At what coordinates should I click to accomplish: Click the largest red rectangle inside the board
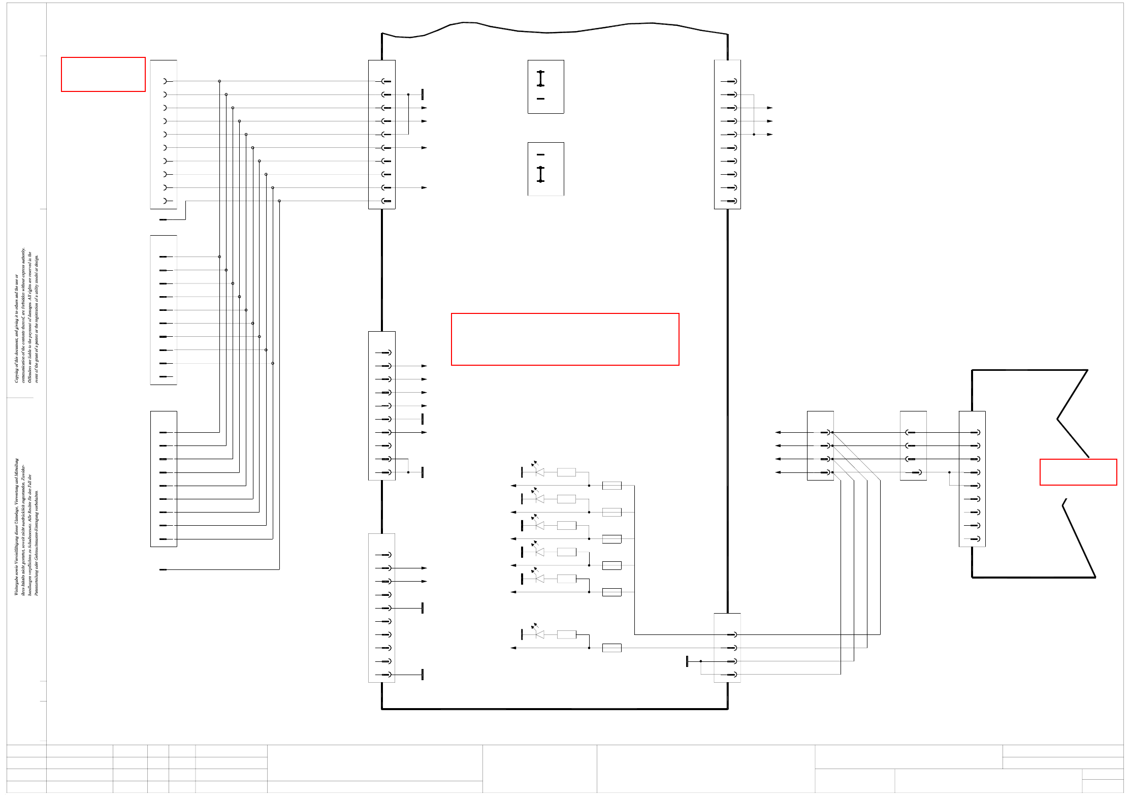(x=565, y=339)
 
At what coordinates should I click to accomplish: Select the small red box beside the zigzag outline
(x=1078, y=472)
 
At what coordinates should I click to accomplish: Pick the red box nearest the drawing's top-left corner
(x=103, y=74)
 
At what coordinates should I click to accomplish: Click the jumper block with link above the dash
(x=545, y=87)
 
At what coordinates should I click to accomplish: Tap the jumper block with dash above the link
(x=545, y=169)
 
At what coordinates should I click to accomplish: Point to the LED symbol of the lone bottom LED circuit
(x=539, y=634)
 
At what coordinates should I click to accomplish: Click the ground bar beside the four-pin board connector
(x=687, y=661)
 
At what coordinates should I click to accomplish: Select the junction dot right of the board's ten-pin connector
(x=754, y=134)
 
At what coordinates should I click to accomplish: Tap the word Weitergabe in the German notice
(x=16, y=584)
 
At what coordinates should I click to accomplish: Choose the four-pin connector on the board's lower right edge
(x=727, y=648)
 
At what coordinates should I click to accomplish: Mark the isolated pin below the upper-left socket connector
(x=163, y=219)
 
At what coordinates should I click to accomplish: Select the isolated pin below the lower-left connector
(x=163, y=569)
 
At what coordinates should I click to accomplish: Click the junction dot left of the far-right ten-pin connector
(x=949, y=472)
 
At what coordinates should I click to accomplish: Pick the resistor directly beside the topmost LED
(x=566, y=472)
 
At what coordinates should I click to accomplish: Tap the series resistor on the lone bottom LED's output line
(x=611, y=648)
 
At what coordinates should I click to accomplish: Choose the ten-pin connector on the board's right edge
(x=727, y=134)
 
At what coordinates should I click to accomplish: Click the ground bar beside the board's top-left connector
(x=423, y=94)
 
